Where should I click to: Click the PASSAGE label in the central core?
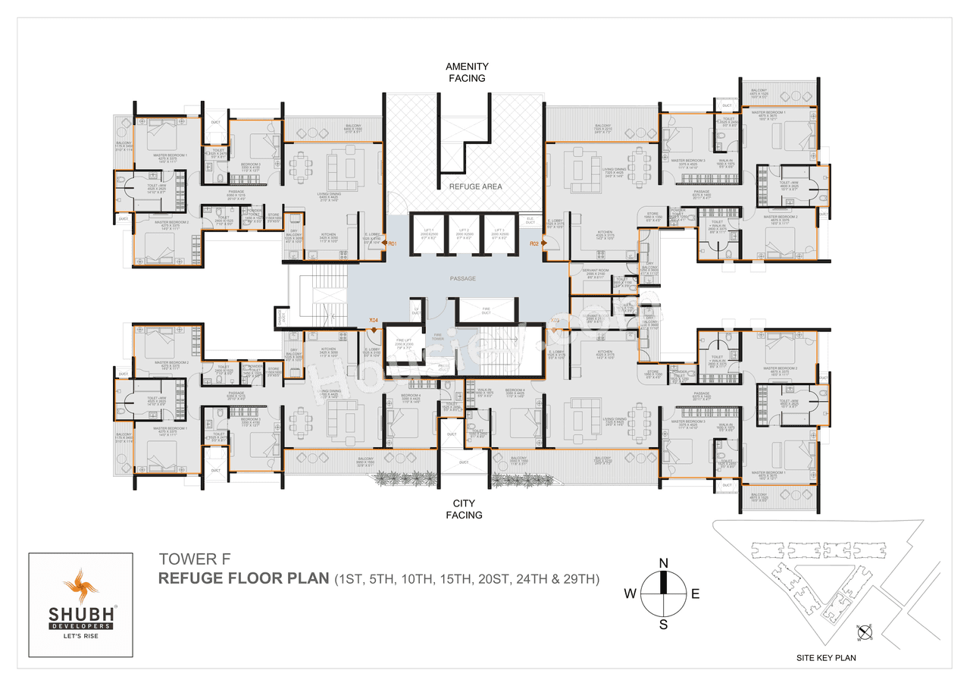click(x=462, y=279)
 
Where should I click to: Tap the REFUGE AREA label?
click(x=475, y=186)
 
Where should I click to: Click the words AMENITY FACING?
click(x=466, y=72)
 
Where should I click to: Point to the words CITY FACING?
click(x=464, y=509)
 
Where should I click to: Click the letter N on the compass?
click(x=664, y=562)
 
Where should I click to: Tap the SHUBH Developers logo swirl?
click(x=80, y=586)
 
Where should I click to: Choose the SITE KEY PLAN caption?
click(x=828, y=658)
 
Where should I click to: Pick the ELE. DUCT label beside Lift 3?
click(x=530, y=221)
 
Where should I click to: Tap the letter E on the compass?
click(x=696, y=594)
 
